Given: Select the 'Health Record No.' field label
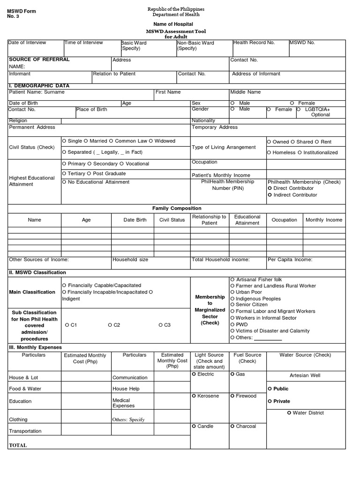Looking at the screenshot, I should point(254,43).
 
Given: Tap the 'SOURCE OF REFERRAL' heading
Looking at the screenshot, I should point(39,60).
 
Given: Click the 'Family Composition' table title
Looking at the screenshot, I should point(177,208).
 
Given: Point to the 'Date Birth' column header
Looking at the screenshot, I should point(135,220).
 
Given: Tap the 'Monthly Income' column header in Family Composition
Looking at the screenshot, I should point(324,220).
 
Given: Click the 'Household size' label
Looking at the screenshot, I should point(130,259).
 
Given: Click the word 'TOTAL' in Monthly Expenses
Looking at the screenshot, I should point(18,445).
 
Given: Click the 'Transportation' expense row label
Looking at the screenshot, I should point(25,431).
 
